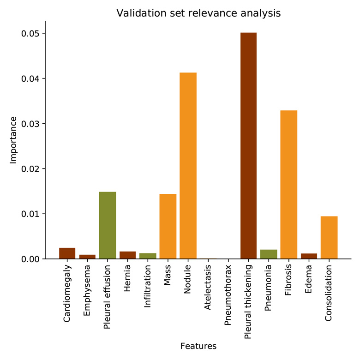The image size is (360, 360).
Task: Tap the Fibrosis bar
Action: coord(288,185)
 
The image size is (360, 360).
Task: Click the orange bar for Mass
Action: coord(168,226)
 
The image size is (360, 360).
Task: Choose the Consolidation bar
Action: coord(329,237)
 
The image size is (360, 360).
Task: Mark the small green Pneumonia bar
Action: coord(269,254)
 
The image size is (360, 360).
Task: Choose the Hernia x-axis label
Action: coord(128,277)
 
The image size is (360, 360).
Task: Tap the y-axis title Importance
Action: coord(13,140)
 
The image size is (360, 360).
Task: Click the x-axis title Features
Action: coord(198,346)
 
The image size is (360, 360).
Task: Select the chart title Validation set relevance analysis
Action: coord(198,13)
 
